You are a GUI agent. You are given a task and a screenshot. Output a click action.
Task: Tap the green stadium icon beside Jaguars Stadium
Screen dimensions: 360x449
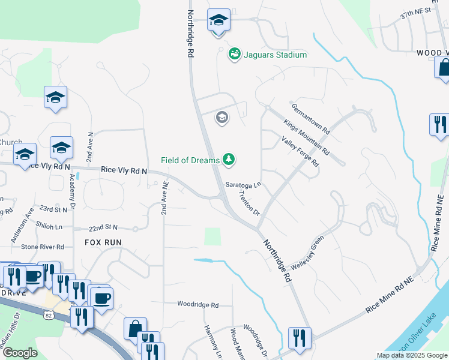234,55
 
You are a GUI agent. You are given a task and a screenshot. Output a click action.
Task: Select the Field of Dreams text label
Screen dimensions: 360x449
190,160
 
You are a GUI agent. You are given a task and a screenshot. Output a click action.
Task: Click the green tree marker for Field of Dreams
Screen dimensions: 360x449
228,159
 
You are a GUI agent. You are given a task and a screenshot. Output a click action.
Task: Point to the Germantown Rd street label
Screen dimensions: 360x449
311,118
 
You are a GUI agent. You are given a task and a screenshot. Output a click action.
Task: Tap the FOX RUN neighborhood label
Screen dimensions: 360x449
103,242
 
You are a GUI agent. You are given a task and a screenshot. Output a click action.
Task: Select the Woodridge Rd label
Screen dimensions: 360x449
197,305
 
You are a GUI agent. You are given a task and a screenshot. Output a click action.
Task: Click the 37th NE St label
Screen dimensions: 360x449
415,11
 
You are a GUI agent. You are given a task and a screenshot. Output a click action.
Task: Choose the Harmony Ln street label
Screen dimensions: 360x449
213,342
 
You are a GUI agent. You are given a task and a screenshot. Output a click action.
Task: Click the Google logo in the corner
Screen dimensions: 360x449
20,353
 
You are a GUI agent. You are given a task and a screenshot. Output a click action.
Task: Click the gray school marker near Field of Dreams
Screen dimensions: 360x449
221,117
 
